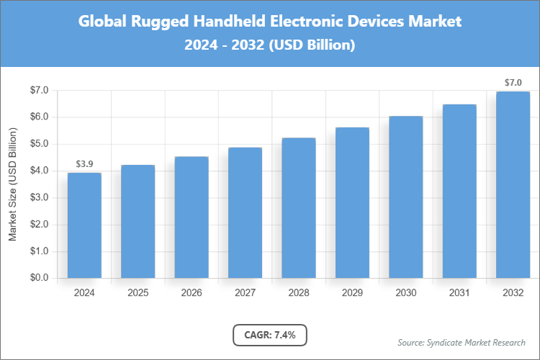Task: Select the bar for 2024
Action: (x=84, y=225)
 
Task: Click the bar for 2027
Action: (x=245, y=212)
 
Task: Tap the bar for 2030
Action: (x=406, y=197)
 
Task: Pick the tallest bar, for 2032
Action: (x=513, y=184)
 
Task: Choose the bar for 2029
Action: (x=352, y=202)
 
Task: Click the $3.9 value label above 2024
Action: (x=84, y=164)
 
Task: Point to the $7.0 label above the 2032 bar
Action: (x=513, y=83)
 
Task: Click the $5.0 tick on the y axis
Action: (x=38, y=144)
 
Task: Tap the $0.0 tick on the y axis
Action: (x=38, y=278)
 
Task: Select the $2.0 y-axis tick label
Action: (x=38, y=225)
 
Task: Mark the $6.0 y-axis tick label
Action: (x=38, y=117)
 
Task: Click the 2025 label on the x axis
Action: (x=138, y=293)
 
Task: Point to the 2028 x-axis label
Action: (x=299, y=293)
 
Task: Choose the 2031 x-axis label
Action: (x=459, y=293)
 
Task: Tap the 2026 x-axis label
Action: (x=192, y=293)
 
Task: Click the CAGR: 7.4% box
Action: (x=270, y=335)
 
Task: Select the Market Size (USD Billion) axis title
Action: (x=12, y=184)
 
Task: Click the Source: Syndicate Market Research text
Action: (x=461, y=342)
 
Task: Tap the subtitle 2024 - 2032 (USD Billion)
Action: (x=270, y=45)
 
